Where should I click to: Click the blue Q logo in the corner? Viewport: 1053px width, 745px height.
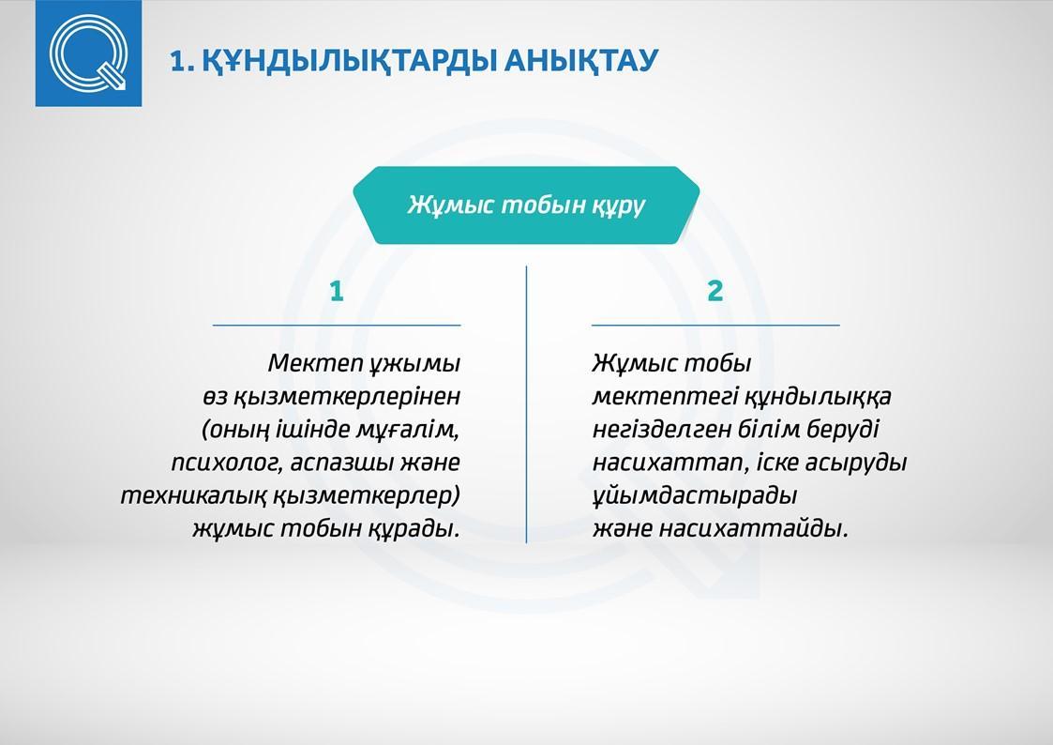pyautogui.click(x=88, y=53)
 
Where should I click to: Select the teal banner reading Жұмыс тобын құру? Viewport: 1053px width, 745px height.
pyautogui.click(x=527, y=205)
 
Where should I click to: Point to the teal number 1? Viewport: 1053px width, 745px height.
pyautogui.click(x=337, y=292)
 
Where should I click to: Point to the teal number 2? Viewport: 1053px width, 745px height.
pyautogui.click(x=715, y=292)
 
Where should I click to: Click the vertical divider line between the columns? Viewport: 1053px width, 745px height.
pyautogui.click(x=527, y=404)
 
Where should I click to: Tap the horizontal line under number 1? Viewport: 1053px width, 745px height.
pyautogui.click(x=337, y=326)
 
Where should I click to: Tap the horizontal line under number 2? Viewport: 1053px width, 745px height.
pyautogui.click(x=715, y=326)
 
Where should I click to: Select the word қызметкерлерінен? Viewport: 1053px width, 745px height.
pyautogui.click(x=347, y=396)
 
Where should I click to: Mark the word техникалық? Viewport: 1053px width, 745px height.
pyautogui.click(x=194, y=495)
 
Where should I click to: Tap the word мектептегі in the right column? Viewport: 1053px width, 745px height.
pyautogui.click(x=666, y=396)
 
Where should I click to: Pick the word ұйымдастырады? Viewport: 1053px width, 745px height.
pyautogui.click(x=695, y=495)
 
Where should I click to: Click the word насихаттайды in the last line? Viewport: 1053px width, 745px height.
pyautogui.click(x=754, y=528)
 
